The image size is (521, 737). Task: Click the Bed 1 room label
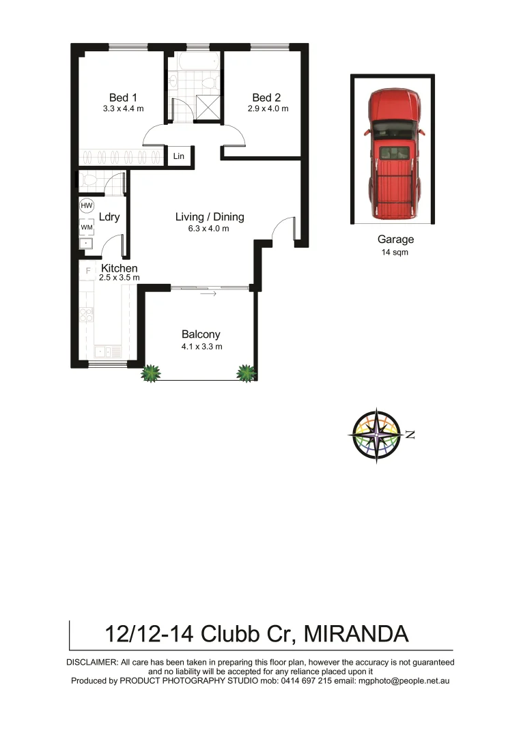(123, 97)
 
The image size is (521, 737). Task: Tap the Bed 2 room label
(266, 97)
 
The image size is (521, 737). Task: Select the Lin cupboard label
(179, 156)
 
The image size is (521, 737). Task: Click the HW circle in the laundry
(87, 205)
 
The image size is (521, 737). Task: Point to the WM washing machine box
(87, 227)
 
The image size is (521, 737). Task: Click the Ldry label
(110, 217)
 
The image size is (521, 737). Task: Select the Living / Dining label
(210, 217)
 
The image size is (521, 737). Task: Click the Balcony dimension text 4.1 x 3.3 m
(201, 347)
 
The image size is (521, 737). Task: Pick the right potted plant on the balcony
(245, 373)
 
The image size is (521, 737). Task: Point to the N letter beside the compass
(410, 435)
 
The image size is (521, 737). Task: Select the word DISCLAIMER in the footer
(91, 663)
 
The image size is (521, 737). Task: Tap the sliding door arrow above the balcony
(208, 294)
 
